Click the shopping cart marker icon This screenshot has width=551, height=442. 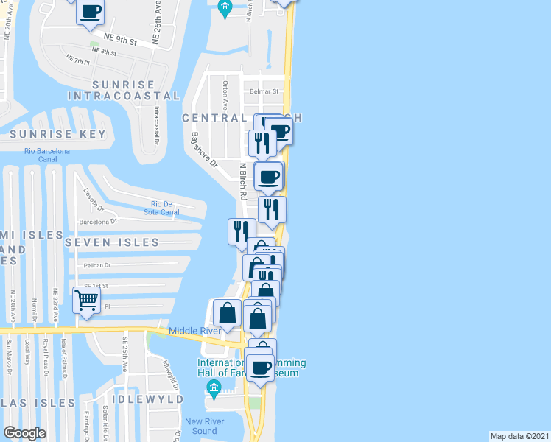pos(87,300)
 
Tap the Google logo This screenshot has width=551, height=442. pos(24,433)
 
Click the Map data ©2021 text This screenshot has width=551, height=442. pos(519,435)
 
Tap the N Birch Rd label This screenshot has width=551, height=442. pos(242,180)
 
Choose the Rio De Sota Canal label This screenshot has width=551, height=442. pos(165,208)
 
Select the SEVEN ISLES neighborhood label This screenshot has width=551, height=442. pos(111,242)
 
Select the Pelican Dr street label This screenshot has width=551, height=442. pos(96,265)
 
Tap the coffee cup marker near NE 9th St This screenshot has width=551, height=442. pos(90,12)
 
